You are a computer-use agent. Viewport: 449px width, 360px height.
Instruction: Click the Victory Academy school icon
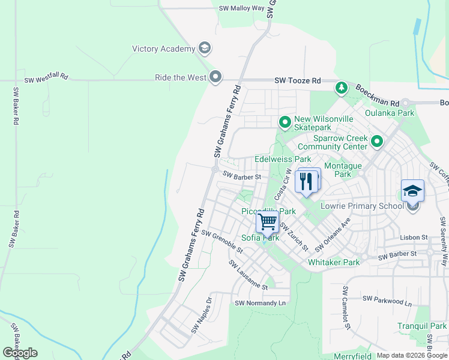(204, 49)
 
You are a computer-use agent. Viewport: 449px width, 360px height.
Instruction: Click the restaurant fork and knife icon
(307, 181)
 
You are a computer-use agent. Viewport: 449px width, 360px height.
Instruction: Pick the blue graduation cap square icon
(412, 191)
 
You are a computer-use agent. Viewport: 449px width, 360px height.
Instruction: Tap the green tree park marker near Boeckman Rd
(341, 88)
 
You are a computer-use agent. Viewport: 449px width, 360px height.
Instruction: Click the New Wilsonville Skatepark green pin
(285, 122)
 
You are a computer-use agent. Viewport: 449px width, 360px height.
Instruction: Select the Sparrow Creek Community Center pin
(377, 142)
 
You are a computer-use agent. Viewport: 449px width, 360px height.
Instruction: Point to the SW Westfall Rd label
(46, 79)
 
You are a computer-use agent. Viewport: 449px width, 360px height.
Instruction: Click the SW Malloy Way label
(241, 8)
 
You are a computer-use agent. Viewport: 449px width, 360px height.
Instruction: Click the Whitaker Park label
(333, 262)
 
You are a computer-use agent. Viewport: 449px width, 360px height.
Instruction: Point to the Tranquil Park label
(421, 326)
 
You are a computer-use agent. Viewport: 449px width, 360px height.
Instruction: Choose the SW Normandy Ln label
(261, 303)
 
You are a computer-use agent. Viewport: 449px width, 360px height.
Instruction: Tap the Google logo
(20, 353)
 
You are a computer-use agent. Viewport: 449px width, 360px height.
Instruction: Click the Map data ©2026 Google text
(411, 355)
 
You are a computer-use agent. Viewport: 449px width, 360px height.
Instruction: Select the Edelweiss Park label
(283, 159)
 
